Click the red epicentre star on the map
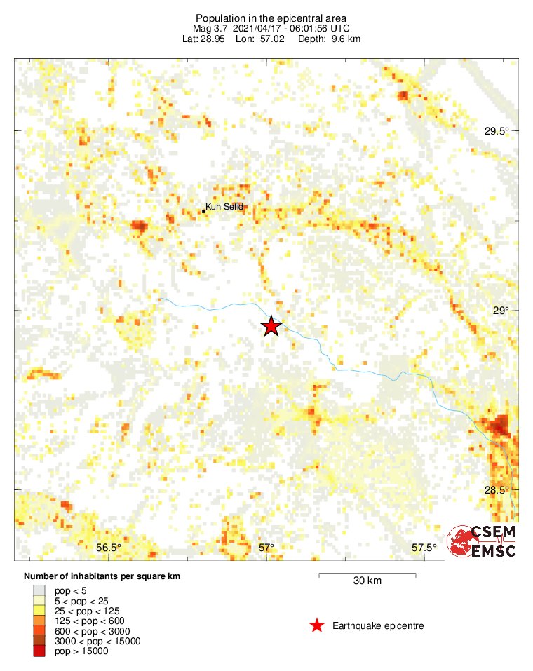point(271,326)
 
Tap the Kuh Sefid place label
point(228,206)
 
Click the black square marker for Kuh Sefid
point(203,210)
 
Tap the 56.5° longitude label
point(109,547)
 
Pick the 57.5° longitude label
point(424,547)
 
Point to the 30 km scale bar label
point(367,581)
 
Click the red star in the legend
point(317,625)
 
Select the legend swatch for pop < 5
point(39,591)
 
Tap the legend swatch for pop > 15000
point(39,651)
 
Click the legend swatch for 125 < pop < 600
point(39,621)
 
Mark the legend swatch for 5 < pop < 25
point(39,601)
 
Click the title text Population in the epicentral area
point(271,18)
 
